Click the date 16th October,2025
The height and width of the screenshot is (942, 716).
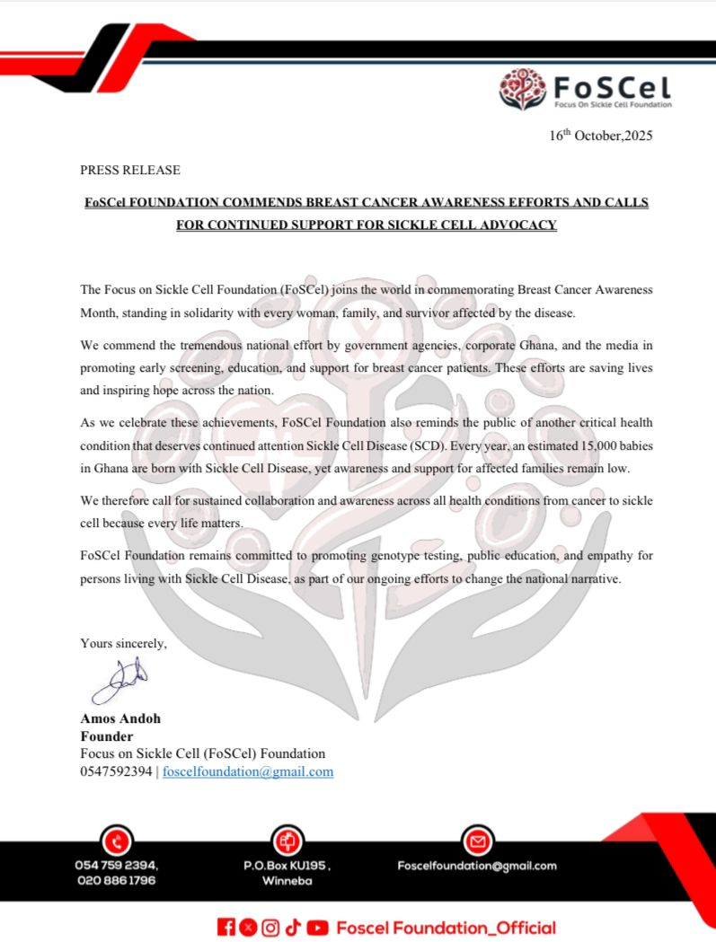coord(600,136)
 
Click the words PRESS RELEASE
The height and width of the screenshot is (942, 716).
coord(130,170)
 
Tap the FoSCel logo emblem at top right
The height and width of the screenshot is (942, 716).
coord(523,89)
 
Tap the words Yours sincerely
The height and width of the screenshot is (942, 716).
coord(123,643)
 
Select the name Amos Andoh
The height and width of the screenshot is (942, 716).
coord(120,719)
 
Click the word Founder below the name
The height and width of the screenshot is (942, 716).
coord(107,736)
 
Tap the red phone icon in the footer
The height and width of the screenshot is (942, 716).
coord(117,841)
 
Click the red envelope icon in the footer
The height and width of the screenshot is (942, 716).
coord(477,841)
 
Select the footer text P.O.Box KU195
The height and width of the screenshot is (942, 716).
coord(287,866)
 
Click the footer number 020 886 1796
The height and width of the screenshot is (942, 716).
coord(117,881)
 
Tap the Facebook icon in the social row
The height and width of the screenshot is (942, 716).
coord(225,928)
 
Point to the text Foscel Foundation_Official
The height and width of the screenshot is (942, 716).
coord(446,928)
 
